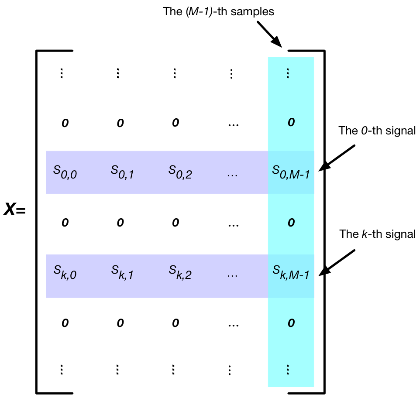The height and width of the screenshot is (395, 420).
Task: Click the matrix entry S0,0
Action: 65,172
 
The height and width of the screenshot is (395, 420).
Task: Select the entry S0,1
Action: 122,172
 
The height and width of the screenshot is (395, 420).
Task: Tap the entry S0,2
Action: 180,172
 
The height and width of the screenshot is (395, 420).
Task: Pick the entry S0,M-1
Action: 291,172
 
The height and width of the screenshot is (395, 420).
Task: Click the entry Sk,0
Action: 65,272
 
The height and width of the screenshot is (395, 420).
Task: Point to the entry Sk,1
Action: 122,272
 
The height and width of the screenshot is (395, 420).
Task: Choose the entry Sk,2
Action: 180,272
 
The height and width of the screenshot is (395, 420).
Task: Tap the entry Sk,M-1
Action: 291,272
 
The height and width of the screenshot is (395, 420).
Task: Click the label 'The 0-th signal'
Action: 377,131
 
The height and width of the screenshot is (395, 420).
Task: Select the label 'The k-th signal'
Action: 377,234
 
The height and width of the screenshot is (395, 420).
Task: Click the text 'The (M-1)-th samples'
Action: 219,11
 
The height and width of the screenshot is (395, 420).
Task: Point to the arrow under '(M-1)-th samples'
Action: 269,34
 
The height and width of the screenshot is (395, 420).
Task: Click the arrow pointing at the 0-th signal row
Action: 337,158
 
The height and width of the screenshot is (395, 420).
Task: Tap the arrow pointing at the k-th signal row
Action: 337,262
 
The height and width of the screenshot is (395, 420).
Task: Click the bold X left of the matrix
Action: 9,209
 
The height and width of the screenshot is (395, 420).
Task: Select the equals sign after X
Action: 21,211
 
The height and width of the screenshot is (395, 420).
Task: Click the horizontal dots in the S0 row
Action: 232,175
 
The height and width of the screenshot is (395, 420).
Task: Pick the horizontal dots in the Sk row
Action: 232,276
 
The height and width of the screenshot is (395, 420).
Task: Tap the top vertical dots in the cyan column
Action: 288,73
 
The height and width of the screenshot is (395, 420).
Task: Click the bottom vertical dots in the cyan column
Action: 288,370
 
